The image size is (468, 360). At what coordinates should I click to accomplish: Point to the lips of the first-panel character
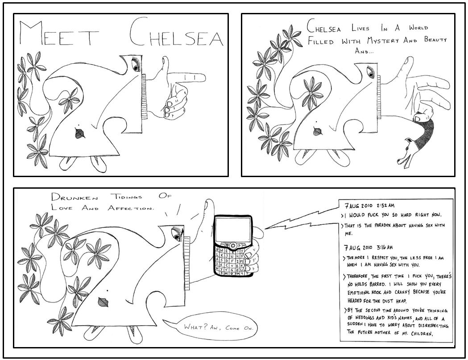[x=80, y=133]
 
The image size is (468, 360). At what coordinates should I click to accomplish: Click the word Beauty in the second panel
[x=435, y=39]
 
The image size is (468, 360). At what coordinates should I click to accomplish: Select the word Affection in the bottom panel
[x=131, y=208]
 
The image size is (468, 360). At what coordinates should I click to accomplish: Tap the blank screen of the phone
[x=233, y=229]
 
